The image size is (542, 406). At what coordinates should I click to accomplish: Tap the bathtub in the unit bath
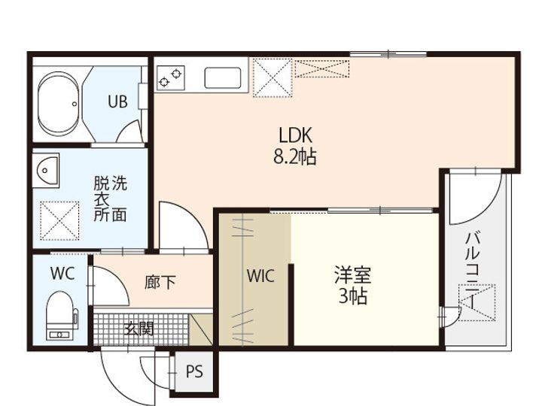[57, 103]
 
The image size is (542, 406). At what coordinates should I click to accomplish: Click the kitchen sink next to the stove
[223, 77]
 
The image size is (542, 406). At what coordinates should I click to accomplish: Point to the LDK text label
[295, 136]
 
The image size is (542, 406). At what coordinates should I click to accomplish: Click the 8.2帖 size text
[295, 157]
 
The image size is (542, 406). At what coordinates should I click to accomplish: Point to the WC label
[62, 274]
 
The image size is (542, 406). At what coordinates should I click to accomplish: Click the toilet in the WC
[60, 316]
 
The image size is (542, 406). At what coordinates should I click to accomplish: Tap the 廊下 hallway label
[160, 282]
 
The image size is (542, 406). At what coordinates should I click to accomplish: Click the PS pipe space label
[194, 371]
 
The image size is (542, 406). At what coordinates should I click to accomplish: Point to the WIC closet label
[260, 276]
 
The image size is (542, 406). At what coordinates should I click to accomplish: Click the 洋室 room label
[352, 275]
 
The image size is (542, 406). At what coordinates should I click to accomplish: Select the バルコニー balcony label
[472, 267]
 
